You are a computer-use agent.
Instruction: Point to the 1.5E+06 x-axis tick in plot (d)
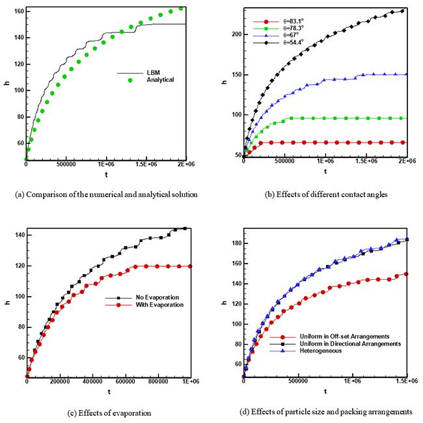[x=404, y=383]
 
